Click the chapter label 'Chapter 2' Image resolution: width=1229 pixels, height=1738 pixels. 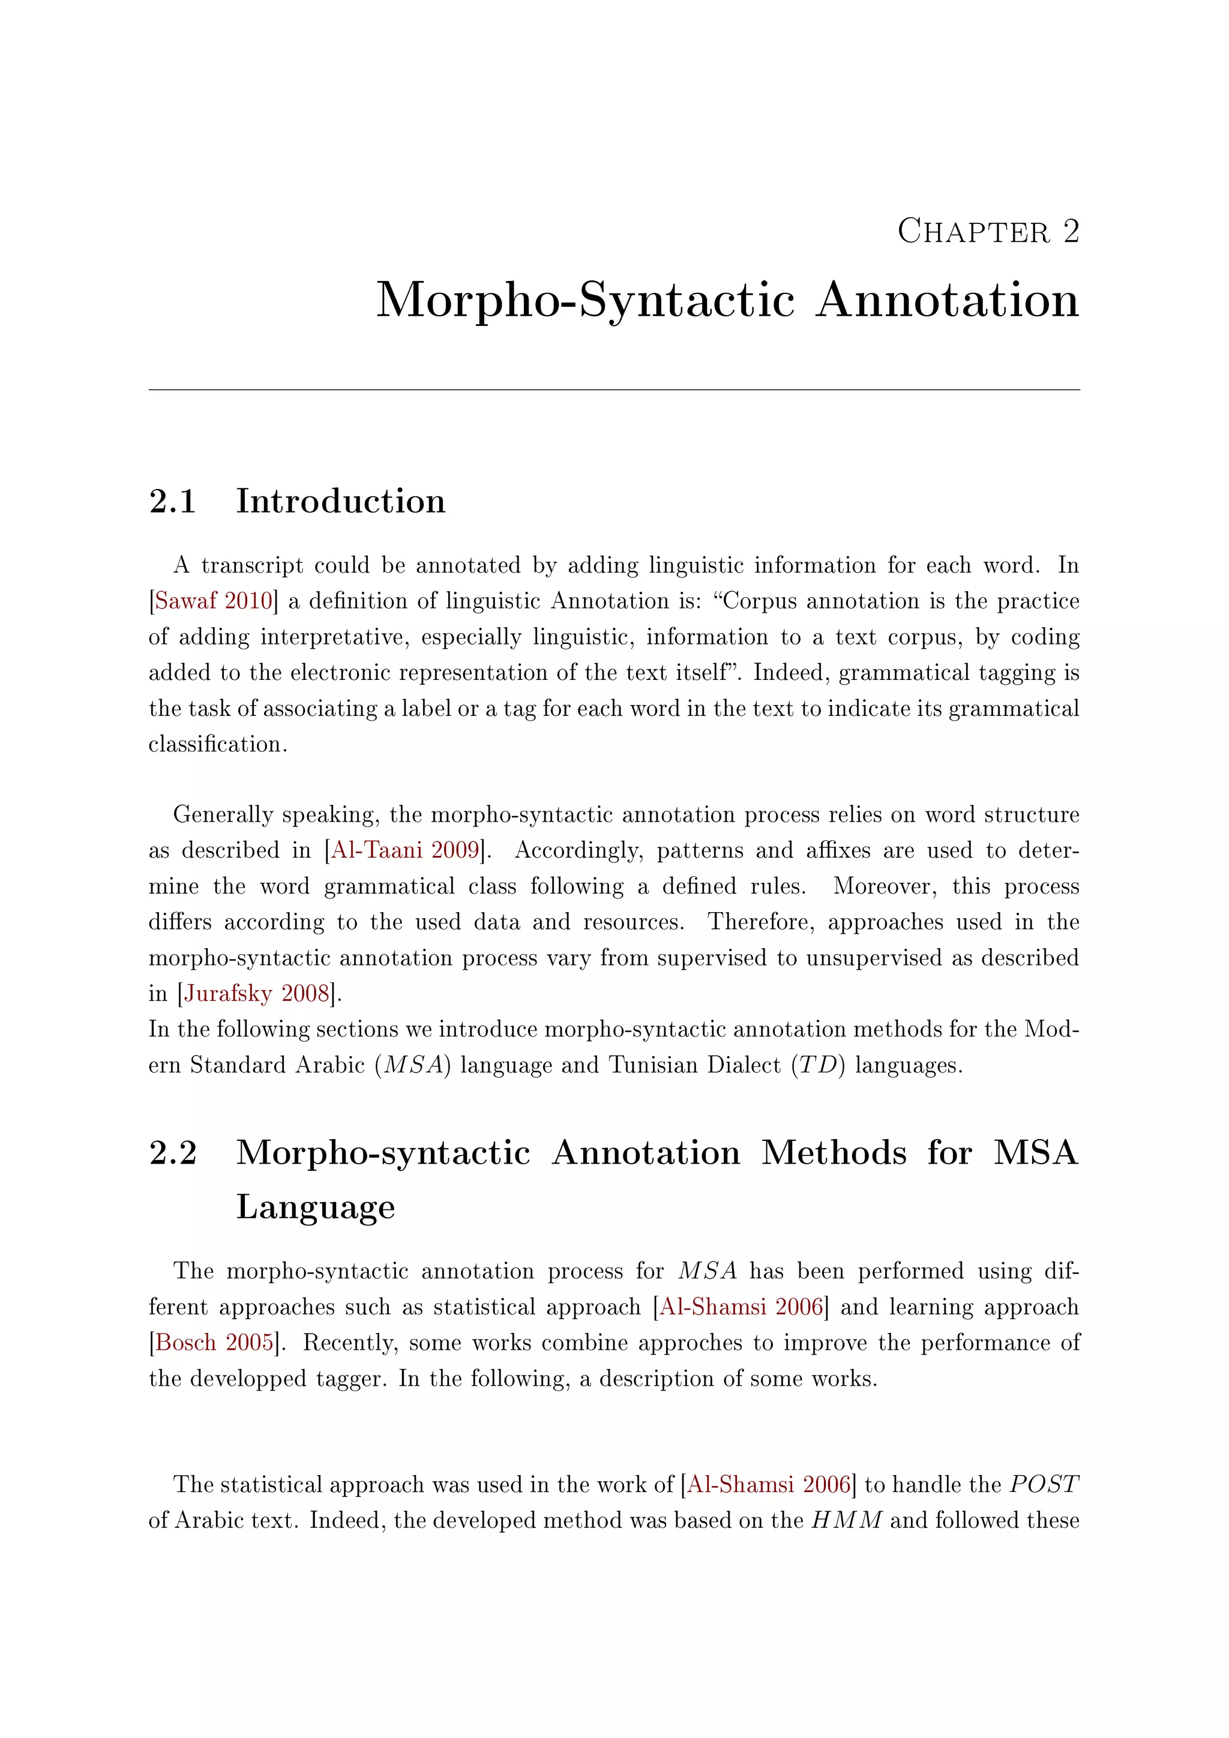tap(988, 232)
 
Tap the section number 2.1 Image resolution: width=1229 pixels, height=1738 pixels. tap(173, 502)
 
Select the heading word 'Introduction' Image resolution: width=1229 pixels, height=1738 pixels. tap(340, 501)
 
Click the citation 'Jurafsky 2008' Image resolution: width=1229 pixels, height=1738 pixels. tap(257, 993)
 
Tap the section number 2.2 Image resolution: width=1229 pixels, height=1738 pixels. tap(173, 1153)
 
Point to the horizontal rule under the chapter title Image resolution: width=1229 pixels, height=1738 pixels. tap(614, 390)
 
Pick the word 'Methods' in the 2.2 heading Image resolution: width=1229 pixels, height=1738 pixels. tap(833, 1153)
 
